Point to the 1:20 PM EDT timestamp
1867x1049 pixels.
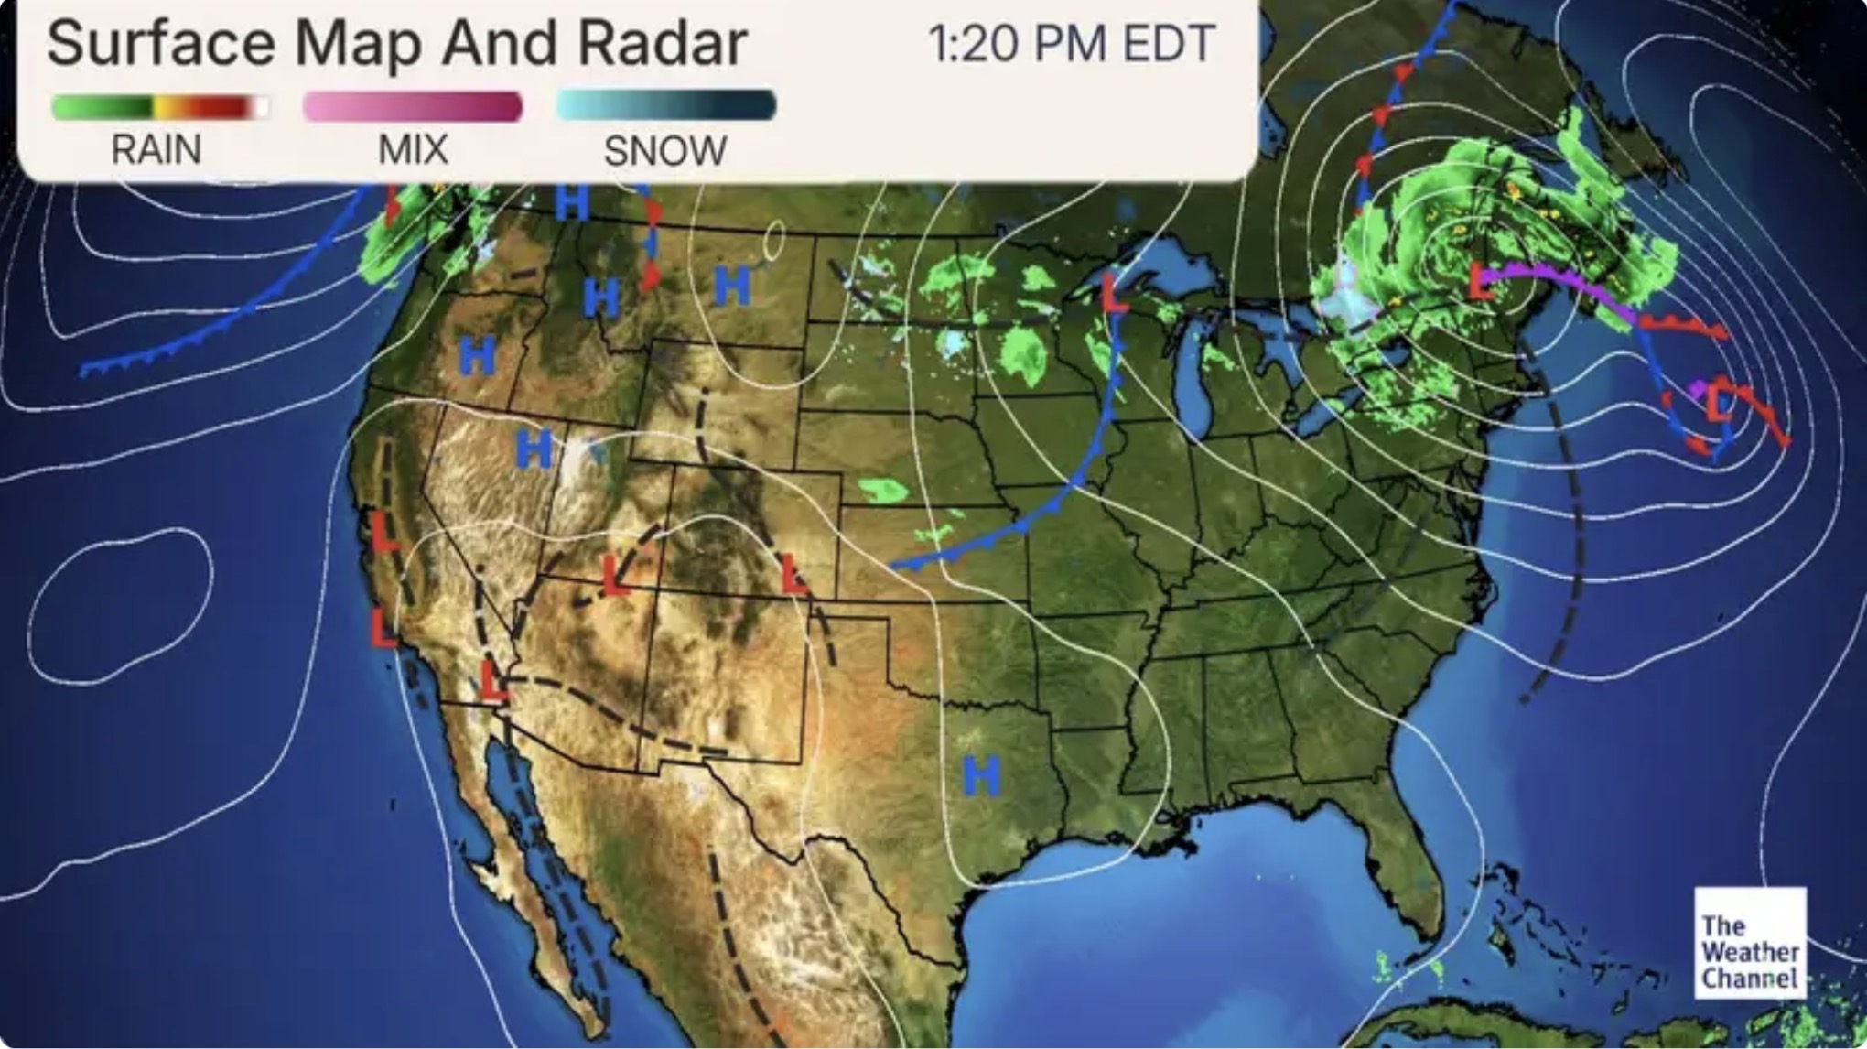pos(1072,43)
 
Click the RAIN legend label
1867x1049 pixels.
pos(156,149)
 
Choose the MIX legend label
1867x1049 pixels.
pos(413,149)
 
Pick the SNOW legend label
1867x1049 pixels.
pos(665,150)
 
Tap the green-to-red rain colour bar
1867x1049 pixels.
pos(160,107)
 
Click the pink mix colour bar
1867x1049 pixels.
pos(413,106)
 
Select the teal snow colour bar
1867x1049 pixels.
pos(665,105)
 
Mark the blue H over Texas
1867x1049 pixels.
pos(981,776)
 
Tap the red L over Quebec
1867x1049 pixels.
pos(1480,281)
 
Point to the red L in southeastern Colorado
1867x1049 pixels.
pos(793,575)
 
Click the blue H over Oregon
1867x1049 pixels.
pos(476,355)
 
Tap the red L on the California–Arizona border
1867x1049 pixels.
pos(492,683)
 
